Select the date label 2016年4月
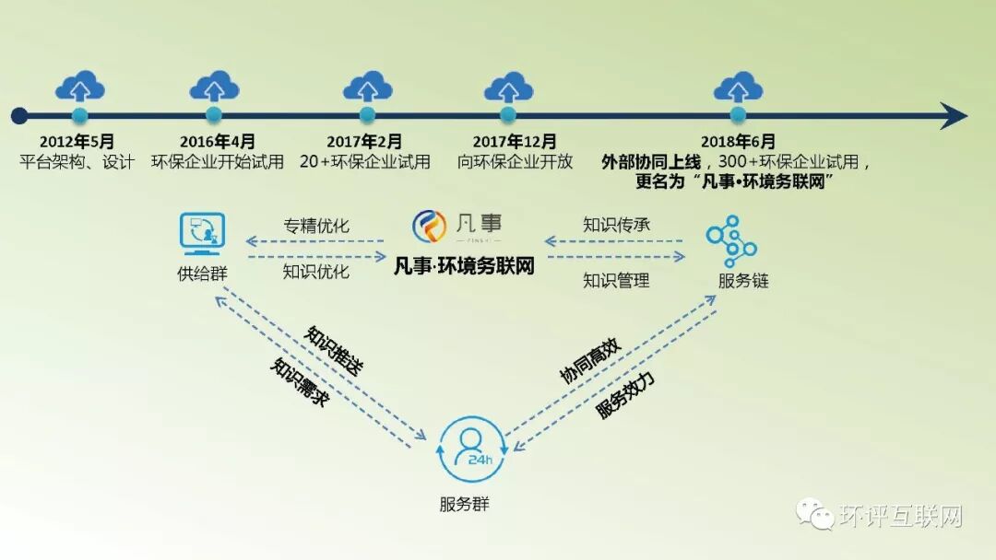point(218,142)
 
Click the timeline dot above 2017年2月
point(367,115)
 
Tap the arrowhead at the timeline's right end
point(954,115)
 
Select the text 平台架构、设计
point(77,162)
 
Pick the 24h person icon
point(472,449)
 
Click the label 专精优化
point(316,226)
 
